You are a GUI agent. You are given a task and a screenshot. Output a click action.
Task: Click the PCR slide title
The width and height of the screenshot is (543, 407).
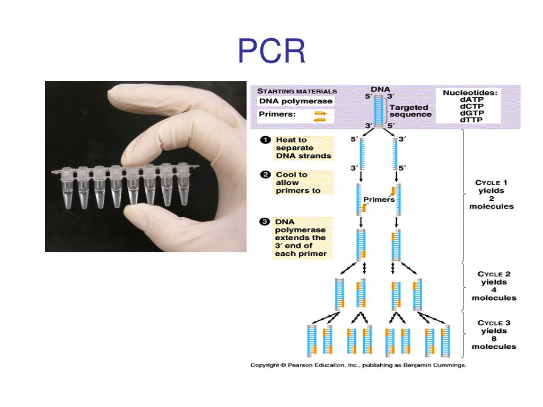click(271, 51)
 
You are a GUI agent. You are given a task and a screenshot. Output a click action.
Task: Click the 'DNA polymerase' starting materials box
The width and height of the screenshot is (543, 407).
click(295, 101)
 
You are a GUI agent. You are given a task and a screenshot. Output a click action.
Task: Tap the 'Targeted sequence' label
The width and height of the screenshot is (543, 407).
click(410, 110)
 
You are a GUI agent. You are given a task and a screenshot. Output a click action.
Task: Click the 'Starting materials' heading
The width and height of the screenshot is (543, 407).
click(297, 91)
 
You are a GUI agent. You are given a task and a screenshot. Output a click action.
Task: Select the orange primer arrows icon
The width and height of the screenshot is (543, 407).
click(320, 117)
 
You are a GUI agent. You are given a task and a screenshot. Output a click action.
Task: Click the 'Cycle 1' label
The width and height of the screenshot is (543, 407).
click(491, 183)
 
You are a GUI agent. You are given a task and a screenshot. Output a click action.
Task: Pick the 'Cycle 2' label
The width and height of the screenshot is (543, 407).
click(494, 274)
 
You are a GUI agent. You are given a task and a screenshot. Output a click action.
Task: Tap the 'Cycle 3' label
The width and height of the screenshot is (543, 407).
click(494, 323)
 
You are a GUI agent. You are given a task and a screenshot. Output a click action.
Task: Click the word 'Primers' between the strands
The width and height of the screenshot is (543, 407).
click(379, 200)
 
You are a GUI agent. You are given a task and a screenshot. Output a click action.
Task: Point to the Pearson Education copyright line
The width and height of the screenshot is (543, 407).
click(358, 365)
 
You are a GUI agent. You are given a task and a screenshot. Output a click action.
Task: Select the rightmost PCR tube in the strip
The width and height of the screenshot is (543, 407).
click(183, 185)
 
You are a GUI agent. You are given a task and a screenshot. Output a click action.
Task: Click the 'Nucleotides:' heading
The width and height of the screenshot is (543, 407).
click(470, 92)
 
